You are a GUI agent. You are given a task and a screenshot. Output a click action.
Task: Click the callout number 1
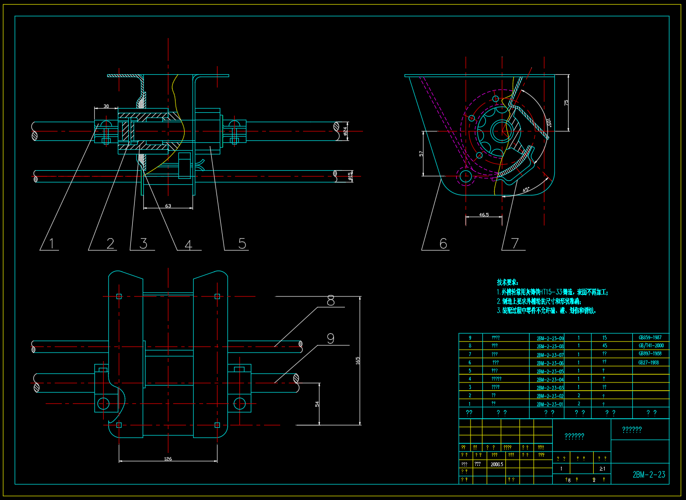click(x=52, y=244)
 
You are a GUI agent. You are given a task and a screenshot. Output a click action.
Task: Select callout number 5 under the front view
click(x=242, y=244)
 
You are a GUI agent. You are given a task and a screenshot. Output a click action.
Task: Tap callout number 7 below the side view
click(x=515, y=244)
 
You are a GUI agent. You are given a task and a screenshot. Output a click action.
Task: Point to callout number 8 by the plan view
click(x=331, y=301)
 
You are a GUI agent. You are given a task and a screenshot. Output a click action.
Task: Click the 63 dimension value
click(x=168, y=206)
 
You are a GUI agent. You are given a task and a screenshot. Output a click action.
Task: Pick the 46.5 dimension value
click(x=484, y=215)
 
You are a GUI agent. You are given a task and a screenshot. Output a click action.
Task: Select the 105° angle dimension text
click(x=549, y=123)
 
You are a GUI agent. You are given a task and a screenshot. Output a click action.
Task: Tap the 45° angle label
click(x=526, y=190)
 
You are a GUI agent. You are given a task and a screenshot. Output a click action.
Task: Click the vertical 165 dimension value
click(x=358, y=360)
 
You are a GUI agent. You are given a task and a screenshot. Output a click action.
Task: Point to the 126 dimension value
click(x=168, y=459)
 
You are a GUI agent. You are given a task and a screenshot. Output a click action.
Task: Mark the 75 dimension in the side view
click(x=566, y=102)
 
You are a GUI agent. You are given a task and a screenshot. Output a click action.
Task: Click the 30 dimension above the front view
click(x=106, y=107)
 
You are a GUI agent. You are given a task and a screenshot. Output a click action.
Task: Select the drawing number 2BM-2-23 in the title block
click(x=649, y=474)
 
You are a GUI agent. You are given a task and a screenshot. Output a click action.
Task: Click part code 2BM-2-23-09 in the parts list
click(x=550, y=338)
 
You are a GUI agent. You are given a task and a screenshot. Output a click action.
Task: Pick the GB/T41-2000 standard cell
click(x=651, y=346)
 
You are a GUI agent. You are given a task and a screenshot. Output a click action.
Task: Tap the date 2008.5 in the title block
click(x=497, y=464)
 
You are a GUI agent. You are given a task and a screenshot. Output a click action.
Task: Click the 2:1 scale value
click(x=602, y=469)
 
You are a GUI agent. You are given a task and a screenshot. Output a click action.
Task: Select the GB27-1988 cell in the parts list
click(x=648, y=363)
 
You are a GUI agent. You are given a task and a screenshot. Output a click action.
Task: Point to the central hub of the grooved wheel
click(x=501, y=130)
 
